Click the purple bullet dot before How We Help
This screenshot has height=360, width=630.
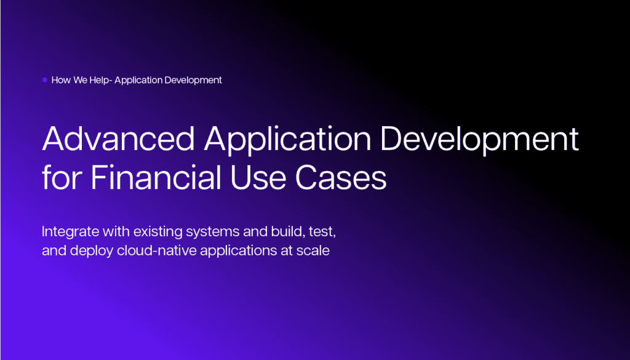click(45, 80)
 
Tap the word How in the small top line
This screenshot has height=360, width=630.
click(61, 80)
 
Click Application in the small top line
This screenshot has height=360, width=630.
click(138, 81)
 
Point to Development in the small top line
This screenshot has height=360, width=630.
click(193, 81)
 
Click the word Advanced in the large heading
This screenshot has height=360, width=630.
click(119, 138)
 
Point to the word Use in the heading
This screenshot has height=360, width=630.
click(258, 178)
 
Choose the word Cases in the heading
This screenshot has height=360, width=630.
click(341, 178)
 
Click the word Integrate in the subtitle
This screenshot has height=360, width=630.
click(70, 232)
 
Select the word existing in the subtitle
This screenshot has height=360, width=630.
click(158, 232)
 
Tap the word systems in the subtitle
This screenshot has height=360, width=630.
click(213, 232)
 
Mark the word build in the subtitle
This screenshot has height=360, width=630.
click(288, 231)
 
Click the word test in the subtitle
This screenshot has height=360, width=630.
click(322, 232)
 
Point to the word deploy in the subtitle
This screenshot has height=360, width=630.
click(92, 251)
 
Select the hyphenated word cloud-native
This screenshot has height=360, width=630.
click(157, 250)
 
